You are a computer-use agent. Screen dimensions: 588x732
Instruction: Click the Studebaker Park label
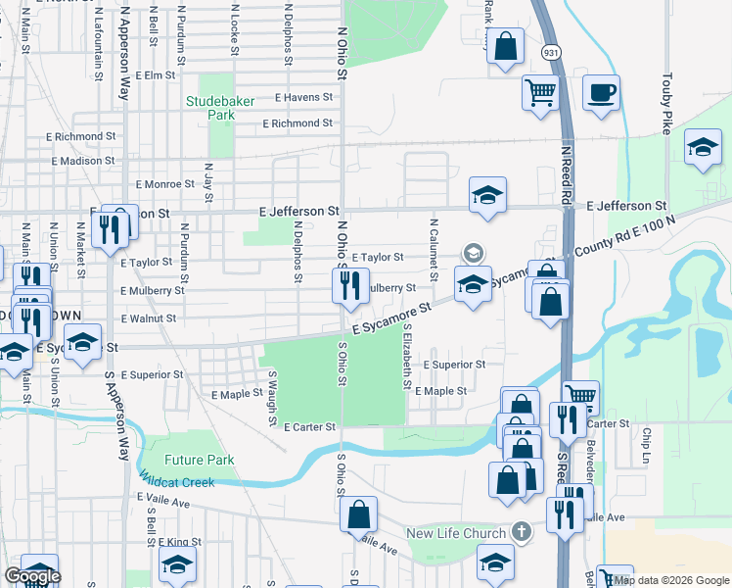(x=211, y=107)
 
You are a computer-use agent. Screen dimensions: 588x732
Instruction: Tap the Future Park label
(x=200, y=460)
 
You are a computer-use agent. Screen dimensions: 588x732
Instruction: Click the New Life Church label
(x=457, y=533)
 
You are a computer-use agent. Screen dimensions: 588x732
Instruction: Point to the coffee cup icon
(x=601, y=93)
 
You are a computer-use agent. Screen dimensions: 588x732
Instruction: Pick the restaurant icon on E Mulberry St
(x=346, y=285)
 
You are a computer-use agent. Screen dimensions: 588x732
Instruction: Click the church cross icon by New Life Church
(x=522, y=533)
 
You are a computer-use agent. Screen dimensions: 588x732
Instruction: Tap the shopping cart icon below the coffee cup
(x=539, y=93)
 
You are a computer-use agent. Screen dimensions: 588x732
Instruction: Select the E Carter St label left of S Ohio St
(x=309, y=427)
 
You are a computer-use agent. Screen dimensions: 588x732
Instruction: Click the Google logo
(x=32, y=576)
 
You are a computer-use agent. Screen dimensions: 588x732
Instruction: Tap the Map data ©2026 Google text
(x=669, y=580)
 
